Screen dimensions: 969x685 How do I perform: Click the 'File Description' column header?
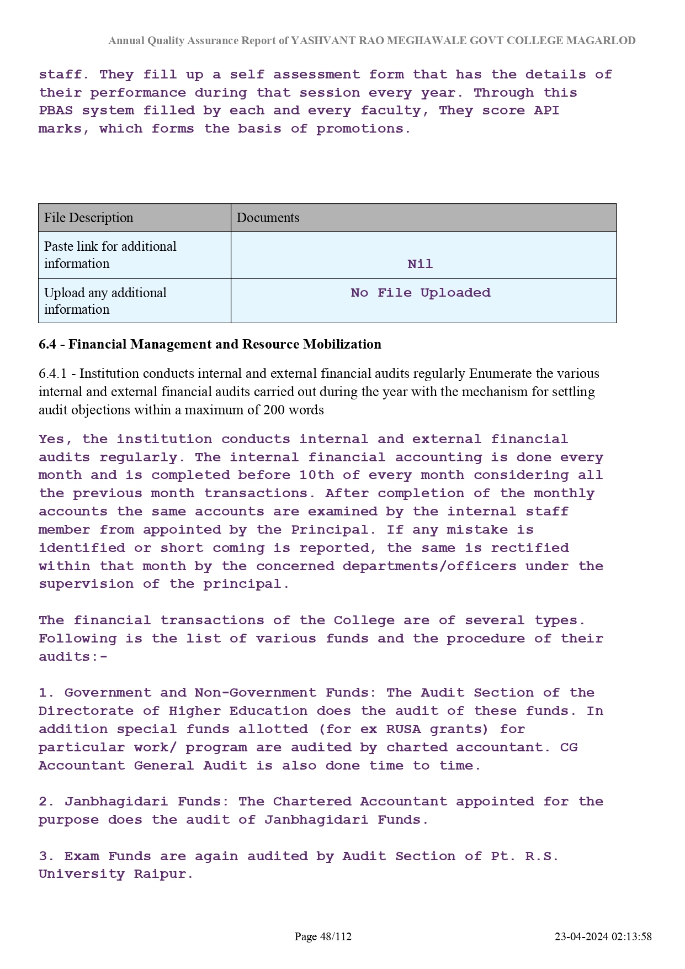point(88,218)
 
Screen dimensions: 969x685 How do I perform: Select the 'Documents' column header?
point(268,218)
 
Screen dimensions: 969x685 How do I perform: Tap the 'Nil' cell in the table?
point(420,264)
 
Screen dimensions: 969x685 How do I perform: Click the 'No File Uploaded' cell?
point(420,293)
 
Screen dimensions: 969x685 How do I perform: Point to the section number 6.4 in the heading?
point(47,344)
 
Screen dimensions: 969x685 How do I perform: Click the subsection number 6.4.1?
point(52,373)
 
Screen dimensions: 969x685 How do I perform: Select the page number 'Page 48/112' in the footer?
point(323,936)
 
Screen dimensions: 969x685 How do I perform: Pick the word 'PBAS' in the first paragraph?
point(56,110)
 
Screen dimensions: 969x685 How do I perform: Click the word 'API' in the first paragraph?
point(546,110)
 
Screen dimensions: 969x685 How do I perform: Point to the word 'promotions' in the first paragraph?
point(362,129)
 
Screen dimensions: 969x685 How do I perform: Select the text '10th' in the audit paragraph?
point(316,475)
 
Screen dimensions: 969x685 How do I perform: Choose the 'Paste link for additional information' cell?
point(110,255)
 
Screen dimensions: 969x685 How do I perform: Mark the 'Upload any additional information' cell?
point(105,301)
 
